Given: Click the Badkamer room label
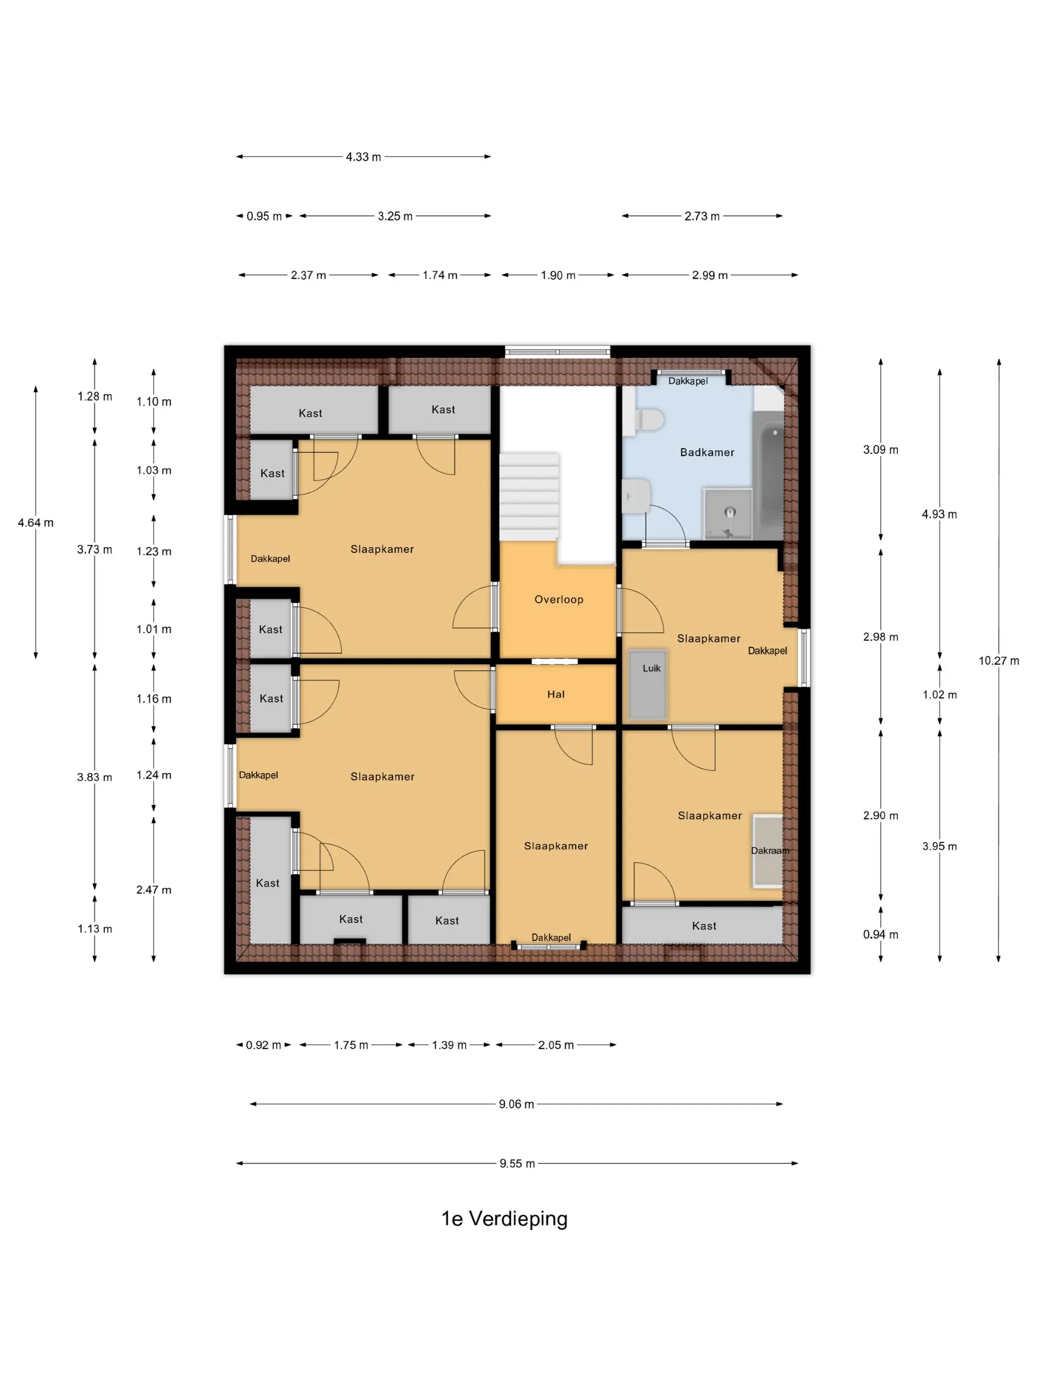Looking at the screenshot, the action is pyautogui.click(x=707, y=452).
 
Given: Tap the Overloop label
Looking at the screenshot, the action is pyautogui.click(x=559, y=599).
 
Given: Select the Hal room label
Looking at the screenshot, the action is pyautogui.click(x=556, y=694).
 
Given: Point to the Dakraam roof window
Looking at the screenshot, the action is pyautogui.click(x=767, y=850).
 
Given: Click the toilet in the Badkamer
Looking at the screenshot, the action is pyautogui.click(x=644, y=419).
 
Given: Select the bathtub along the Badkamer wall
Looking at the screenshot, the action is pyautogui.click(x=768, y=475).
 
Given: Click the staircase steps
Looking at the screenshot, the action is pyautogui.click(x=529, y=497).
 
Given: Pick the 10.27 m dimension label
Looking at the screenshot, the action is pyautogui.click(x=998, y=661).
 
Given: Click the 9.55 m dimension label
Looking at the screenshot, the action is pyautogui.click(x=517, y=1163).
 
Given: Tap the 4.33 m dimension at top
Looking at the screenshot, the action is pyautogui.click(x=363, y=157).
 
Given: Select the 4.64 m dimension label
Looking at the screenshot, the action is pyautogui.click(x=36, y=523).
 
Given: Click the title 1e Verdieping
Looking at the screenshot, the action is pyautogui.click(x=505, y=1218).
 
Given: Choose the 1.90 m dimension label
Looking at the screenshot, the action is pyautogui.click(x=558, y=275).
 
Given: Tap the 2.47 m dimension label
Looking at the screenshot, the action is pyautogui.click(x=154, y=890).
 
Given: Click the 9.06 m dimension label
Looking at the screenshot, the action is pyautogui.click(x=517, y=1104).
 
